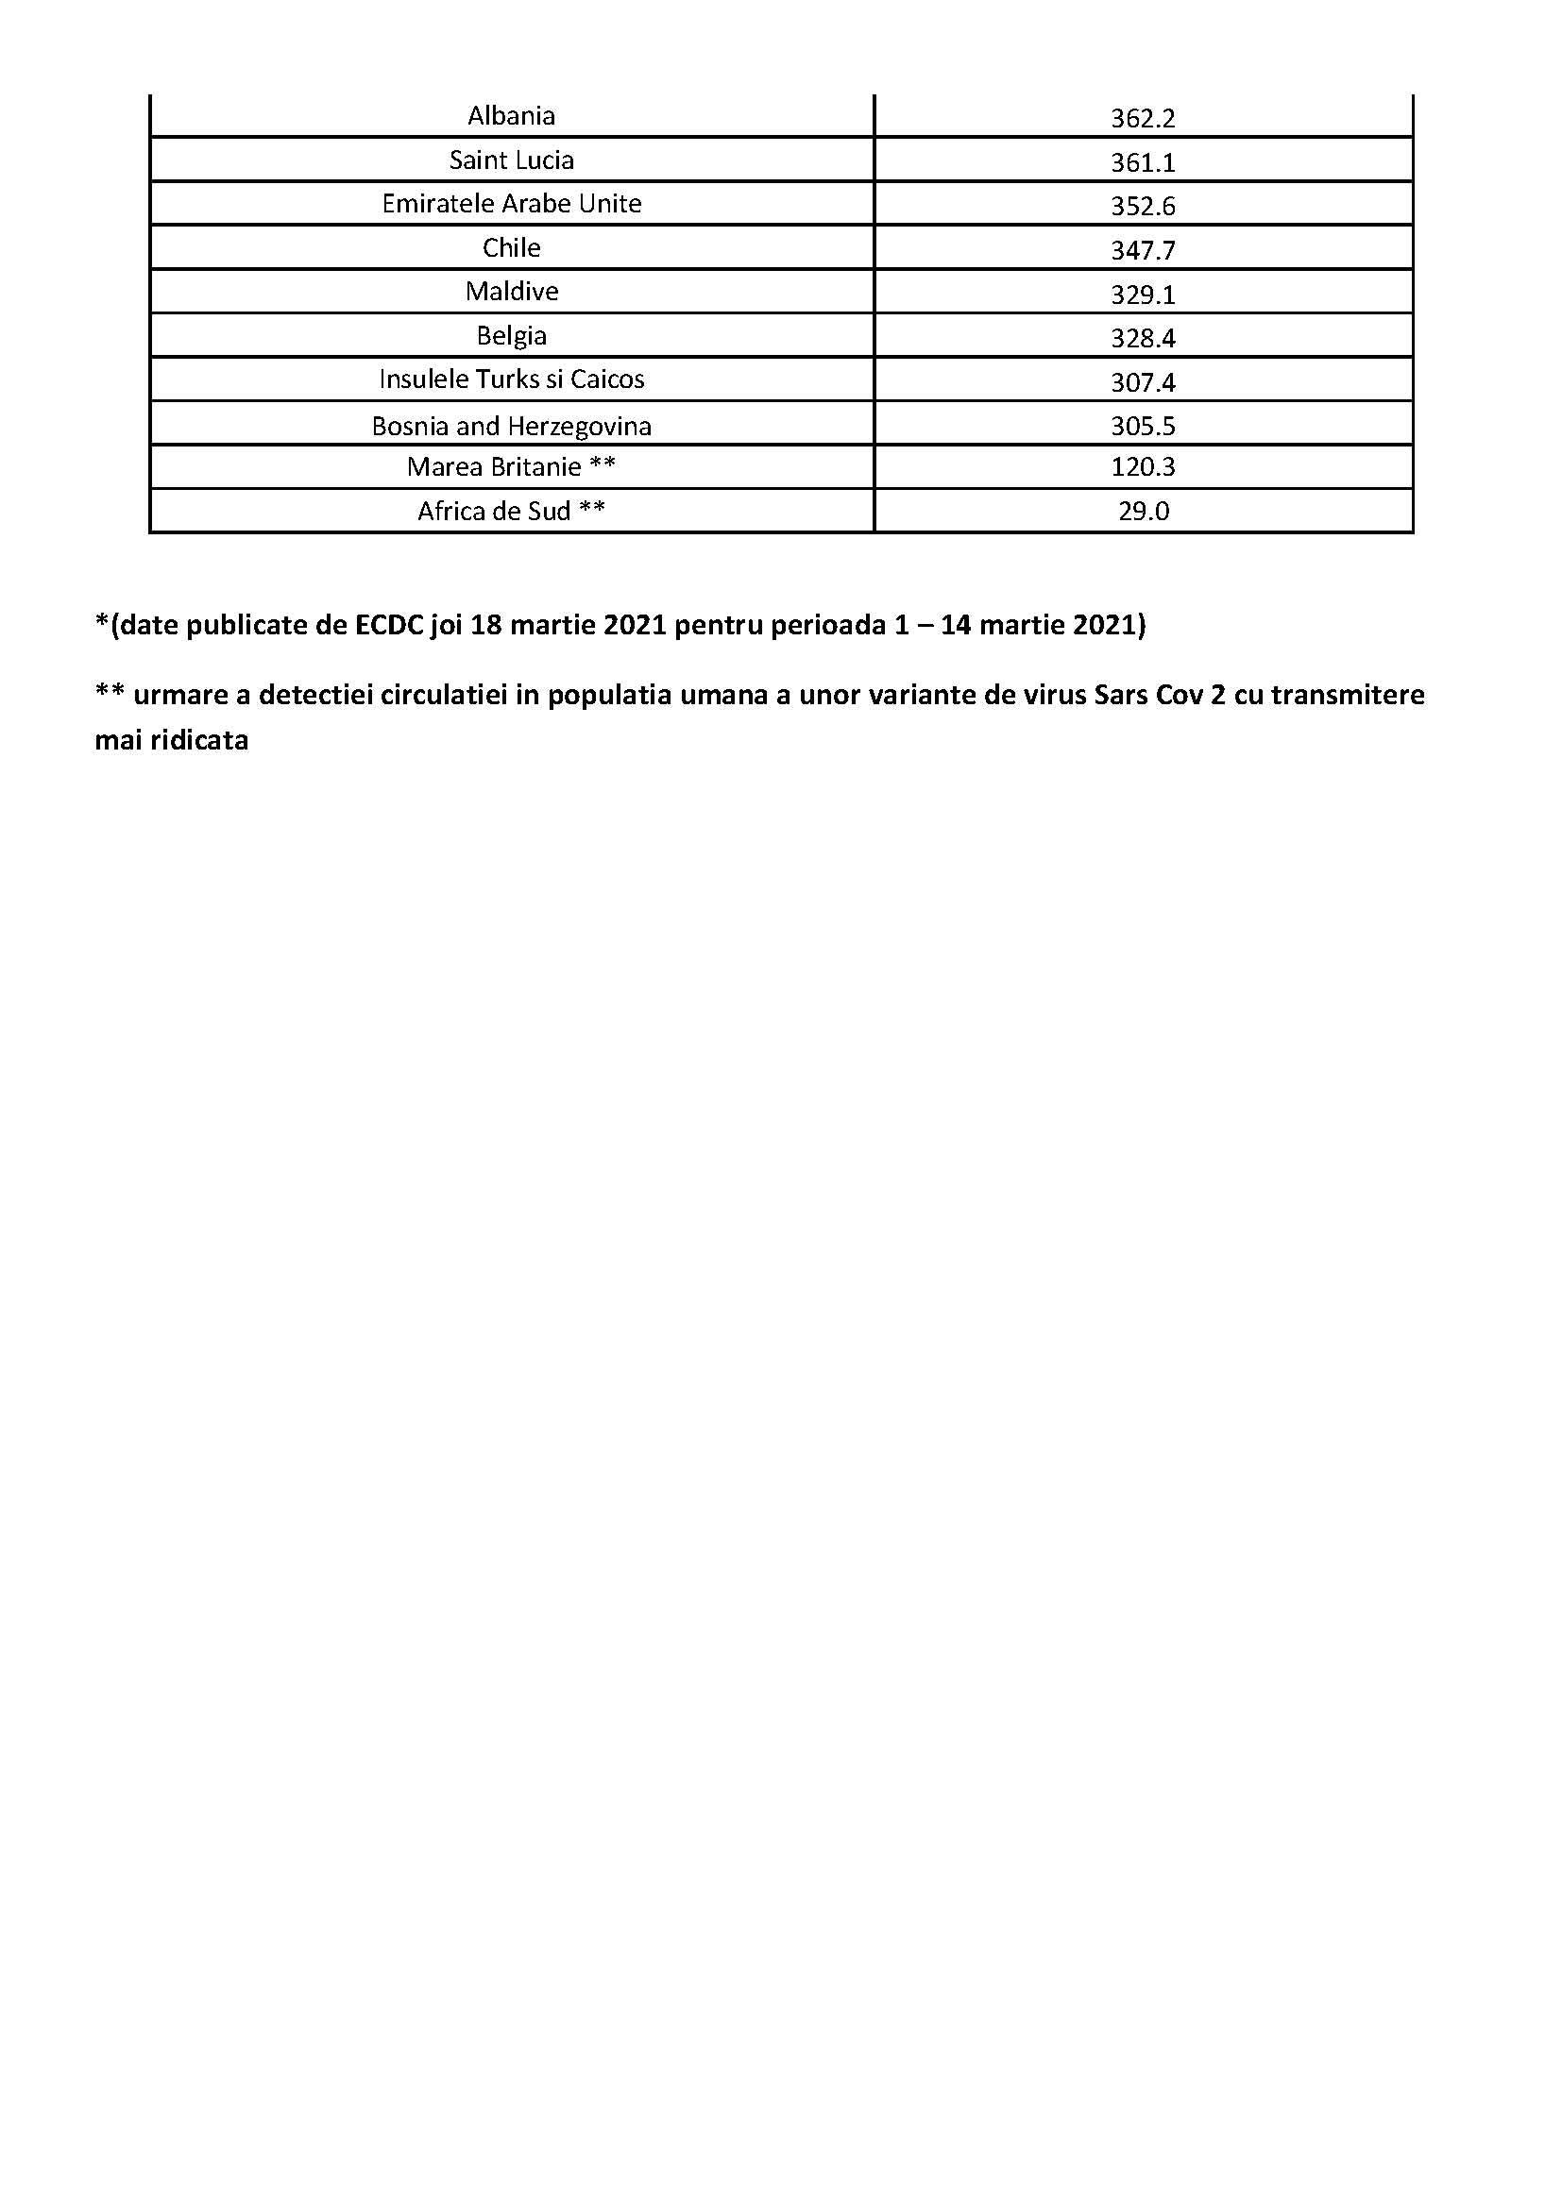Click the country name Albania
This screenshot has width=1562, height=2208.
[x=511, y=116]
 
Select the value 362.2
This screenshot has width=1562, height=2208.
[x=1143, y=118]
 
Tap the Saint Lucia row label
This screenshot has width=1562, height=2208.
[x=511, y=160]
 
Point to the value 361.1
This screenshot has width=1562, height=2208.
[x=1143, y=162]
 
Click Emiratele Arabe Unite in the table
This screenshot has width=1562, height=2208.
[x=511, y=204]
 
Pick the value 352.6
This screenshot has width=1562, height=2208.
[x=1143, y=207]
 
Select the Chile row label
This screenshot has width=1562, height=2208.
[x=511, y=248]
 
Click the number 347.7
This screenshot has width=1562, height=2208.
[x=1143, y=251]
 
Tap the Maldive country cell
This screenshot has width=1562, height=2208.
[x=511, y=292]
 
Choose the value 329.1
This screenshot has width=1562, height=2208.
[x=1143, y=295]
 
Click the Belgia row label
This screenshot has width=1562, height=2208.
[x=511, y=336]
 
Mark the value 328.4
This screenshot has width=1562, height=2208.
[x=1143, y=339]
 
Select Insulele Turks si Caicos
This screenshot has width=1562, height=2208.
[x=511, y=379]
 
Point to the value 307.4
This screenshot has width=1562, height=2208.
[x=1143, y=382]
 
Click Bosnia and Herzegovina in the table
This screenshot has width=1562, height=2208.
[x=511, y=426]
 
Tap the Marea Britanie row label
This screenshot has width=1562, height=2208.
[x=511, y=467]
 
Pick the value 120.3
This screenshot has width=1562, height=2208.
[x=1143, y=467]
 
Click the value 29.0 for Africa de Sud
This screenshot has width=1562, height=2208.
[x=1143, y=512]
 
